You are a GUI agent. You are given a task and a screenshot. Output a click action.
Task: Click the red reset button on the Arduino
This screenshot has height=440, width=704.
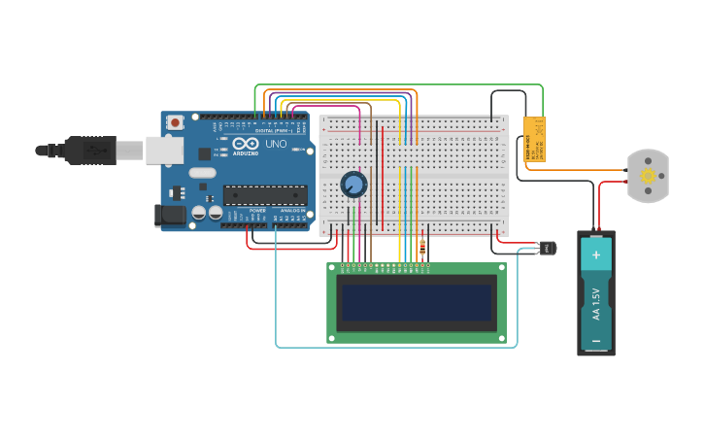coord(175,122)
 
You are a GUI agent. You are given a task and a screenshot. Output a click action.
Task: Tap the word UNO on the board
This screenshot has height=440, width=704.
coord(276,145)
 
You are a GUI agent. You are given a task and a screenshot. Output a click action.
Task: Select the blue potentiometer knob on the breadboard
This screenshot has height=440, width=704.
coord(353,184)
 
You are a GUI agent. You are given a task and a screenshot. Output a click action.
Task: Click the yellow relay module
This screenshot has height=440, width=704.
coord(534,138)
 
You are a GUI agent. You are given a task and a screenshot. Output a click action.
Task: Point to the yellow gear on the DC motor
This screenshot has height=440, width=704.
coord(648,176)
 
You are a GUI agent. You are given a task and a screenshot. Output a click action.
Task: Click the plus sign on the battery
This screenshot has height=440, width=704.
coord(596,256)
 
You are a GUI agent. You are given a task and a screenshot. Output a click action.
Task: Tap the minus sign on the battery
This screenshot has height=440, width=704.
coord(596,340)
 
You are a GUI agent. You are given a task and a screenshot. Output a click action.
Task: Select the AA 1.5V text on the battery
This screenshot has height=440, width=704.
coord(596,303)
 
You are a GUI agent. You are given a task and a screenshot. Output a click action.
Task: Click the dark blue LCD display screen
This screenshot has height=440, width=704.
coord(416,302)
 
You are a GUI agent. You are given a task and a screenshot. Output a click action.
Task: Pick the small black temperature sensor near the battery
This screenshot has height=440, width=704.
coord(547,249)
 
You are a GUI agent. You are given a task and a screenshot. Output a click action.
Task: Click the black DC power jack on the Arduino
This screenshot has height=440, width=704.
coord(170,215)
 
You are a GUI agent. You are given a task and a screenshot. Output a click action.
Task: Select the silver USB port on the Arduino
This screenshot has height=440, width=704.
coord(165,150)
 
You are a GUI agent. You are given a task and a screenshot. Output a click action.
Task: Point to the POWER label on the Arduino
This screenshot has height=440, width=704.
coord(257,211)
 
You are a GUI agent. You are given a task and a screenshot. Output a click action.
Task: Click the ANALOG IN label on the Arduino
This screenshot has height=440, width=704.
coord(291,211)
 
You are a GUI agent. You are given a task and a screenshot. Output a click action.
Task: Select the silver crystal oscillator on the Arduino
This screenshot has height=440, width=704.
coord(202,173)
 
